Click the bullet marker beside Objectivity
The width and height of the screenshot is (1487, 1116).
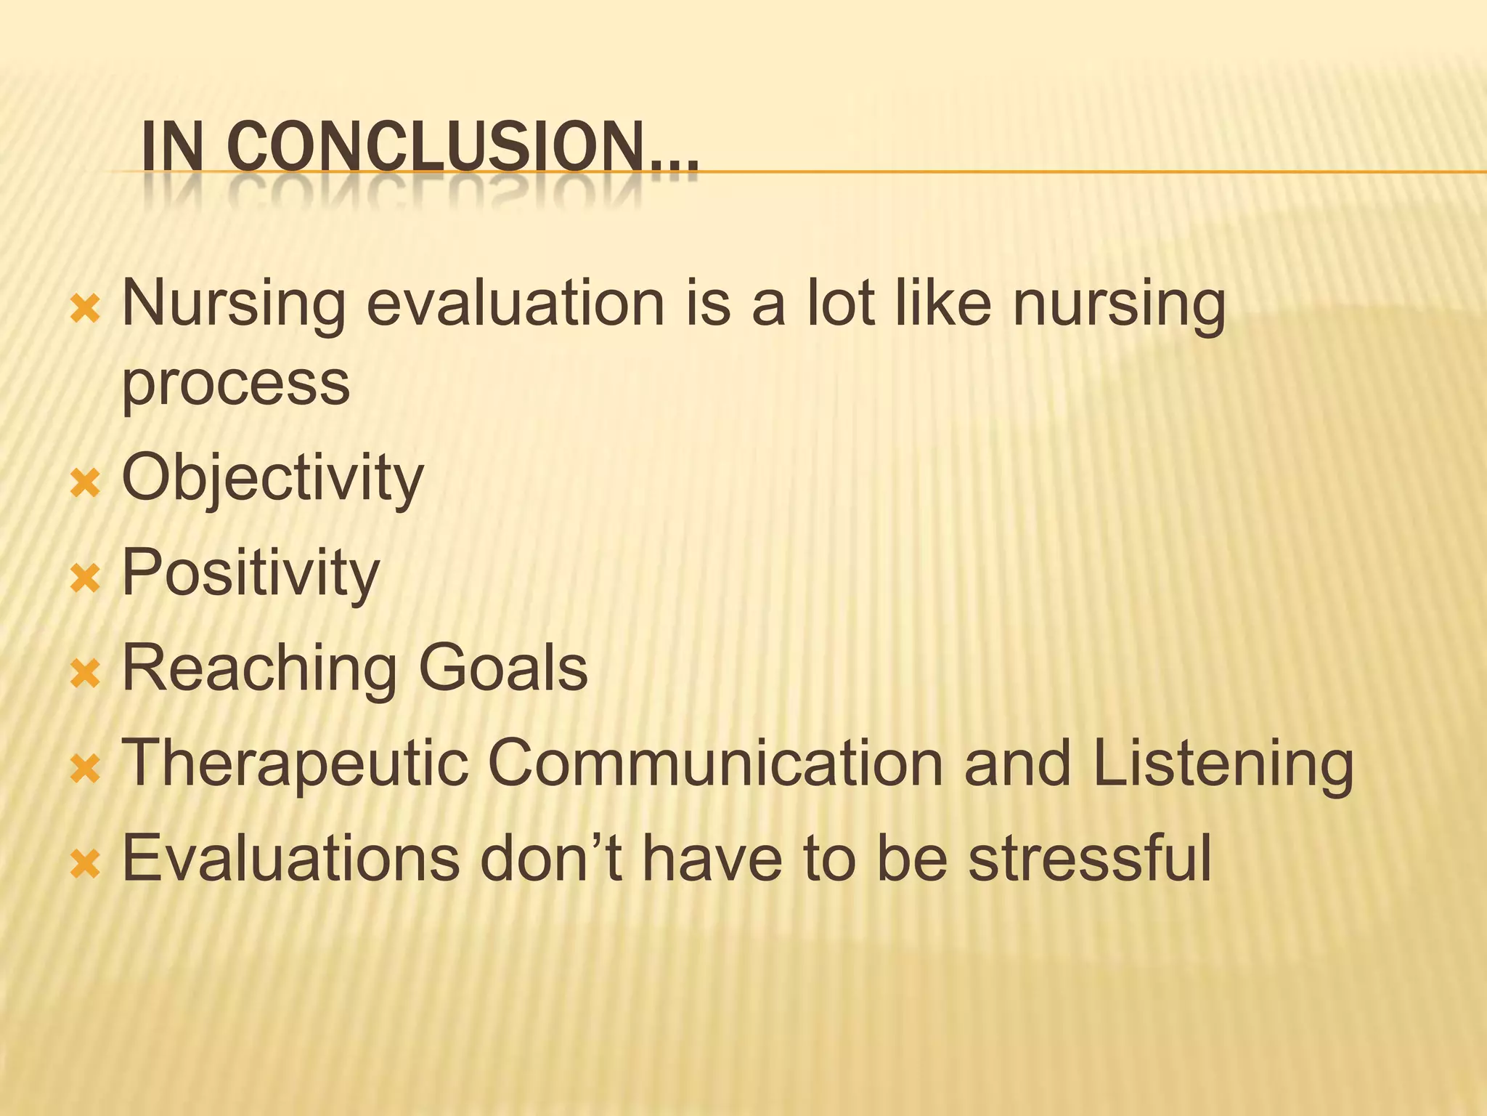[85, 482]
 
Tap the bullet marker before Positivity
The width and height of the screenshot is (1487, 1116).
[85, 578]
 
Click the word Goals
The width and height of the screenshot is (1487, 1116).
[503, 668]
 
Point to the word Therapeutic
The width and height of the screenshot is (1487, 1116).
[295, 764]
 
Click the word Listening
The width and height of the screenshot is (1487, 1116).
[1223, 764]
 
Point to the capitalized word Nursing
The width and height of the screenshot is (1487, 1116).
[233, 305]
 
